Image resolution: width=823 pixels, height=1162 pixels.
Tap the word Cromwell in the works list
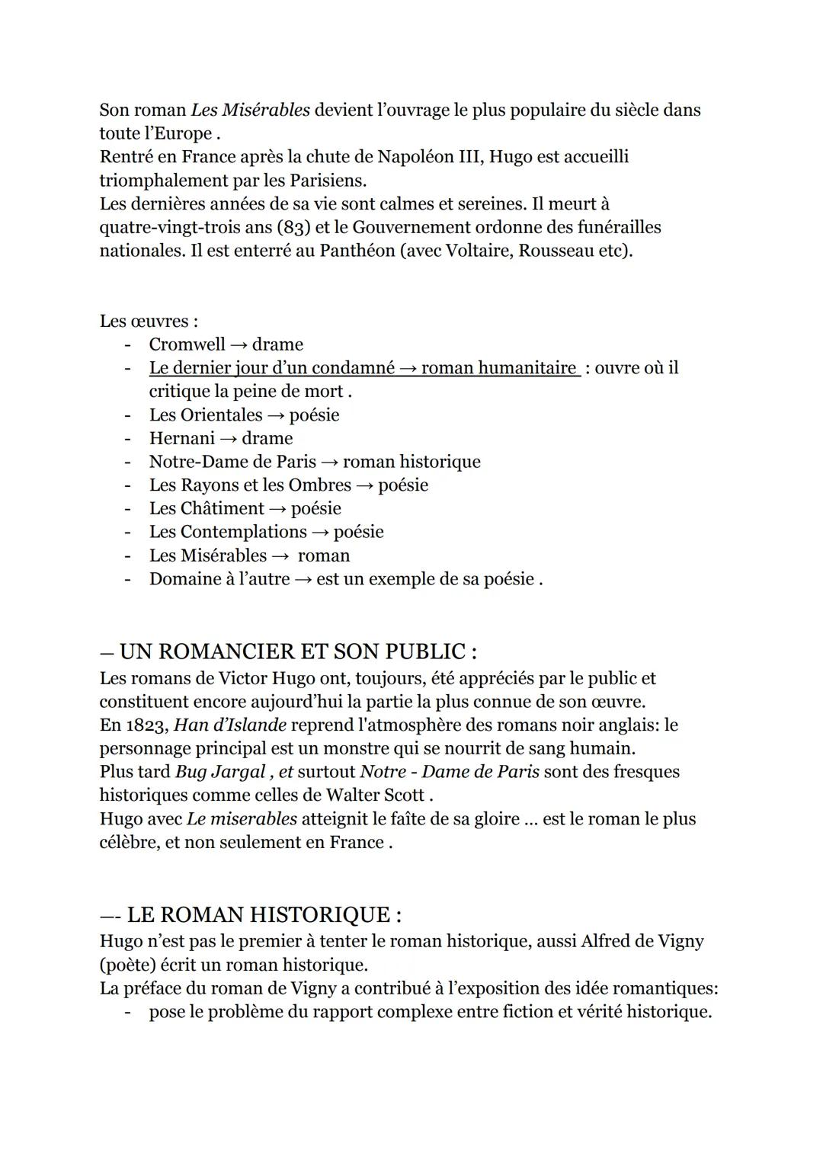187,344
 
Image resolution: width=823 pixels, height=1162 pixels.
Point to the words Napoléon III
428,157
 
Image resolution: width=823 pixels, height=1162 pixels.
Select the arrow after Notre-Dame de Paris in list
329,462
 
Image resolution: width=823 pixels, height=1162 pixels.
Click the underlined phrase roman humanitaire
498,368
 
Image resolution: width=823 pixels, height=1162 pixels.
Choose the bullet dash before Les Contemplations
127,532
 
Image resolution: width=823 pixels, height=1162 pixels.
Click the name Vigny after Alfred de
678,941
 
